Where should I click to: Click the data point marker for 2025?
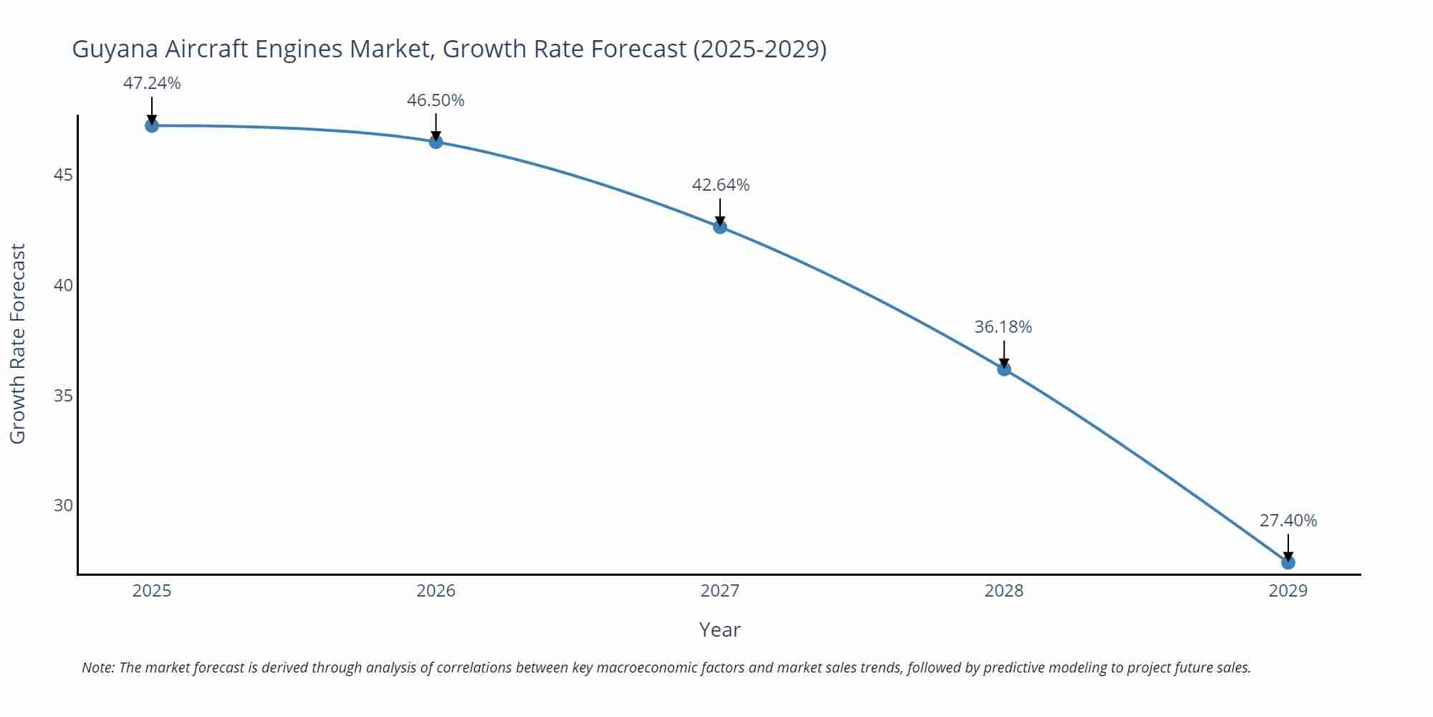click(x=152, y=125)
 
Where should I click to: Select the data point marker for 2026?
click(x=436, y=142)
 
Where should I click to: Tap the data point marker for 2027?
click(x=720, y=227)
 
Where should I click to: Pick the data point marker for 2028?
click(x=1004, y=369)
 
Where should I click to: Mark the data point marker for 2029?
click(x=1288, y=563)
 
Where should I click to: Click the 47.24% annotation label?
click(x=152, y=83)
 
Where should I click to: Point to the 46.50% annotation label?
click(x=436, y=100)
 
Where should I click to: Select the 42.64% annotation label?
click(x=720, y=185)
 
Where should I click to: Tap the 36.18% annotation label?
click(x=1003, y=327)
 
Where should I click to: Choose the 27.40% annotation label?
click(x=1288, y=521)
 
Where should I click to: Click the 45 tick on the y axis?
click(x=63, y=175)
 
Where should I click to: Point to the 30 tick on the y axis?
click(x=63, y=505)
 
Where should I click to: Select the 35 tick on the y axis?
click(x=63, y=396)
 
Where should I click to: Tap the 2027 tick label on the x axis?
click(x=720, y=591)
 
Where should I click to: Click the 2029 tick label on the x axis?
click(x=1288, y=591)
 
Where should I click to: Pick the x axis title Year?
click(x=719, y=630)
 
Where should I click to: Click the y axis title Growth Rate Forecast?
click(x=18, y=343)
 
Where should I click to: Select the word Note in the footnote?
click(x=97, y=668)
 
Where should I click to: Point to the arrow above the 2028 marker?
click(x=1004, y=353)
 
